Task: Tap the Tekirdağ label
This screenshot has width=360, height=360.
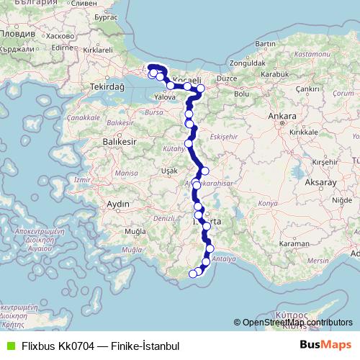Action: tap(107, 86)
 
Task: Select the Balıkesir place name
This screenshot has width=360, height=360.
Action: tap(99, 143)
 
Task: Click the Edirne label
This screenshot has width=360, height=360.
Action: tap(63, 48)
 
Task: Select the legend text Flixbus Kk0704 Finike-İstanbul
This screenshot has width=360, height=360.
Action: tap(100, 346)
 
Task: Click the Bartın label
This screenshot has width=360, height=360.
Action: tap(266, 45)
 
